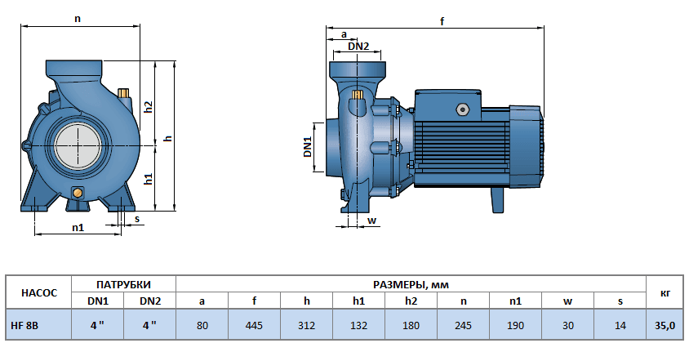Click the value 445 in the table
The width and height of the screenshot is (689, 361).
click(x=254, y=325)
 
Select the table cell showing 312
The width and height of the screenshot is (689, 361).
click(x=306, y=325)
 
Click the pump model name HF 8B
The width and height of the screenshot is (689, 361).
click(x=24, y=325)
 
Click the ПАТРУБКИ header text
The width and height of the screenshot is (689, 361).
click(x=123, y=284)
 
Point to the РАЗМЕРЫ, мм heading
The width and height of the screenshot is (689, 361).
click(x=411, y=284)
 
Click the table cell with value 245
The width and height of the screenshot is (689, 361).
click(x=463, y=325)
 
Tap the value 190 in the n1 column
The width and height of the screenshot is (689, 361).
click(x=515, y=325)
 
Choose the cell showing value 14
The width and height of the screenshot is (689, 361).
click(x=620, y=325)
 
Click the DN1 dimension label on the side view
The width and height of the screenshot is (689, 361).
click(x=308, y=147)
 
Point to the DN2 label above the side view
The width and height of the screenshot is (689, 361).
click(x=358, y=47)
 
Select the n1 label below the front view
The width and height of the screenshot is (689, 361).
click(x=78, y=228)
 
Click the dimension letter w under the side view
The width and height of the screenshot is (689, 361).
click(x=371, y=220)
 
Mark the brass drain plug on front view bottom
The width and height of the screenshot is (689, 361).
click(x=78, y=193)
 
